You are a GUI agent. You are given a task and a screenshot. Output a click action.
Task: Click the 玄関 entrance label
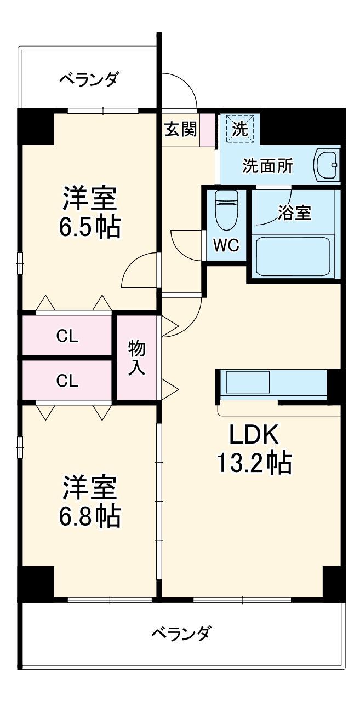pyautogui.click(x=181, y=130)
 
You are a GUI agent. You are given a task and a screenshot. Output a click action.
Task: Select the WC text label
pyautogui.click(x=226, y=246)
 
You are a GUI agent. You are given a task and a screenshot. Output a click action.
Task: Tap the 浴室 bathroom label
pyautogui.click(x=294, y=213)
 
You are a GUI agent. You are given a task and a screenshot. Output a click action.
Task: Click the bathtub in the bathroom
pyautogui.click(x=293, y=256)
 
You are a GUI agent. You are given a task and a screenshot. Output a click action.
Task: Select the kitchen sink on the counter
pyautogui.click(x=248, y=382)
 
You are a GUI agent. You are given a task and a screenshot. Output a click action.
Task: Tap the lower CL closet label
pyautogui.click(x=67, y=381)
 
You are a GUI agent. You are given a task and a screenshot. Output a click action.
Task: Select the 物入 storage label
pyautogui.click(x=137, y=358)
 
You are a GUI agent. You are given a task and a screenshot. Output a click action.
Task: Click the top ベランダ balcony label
pyautogui.click(x=89, y=80)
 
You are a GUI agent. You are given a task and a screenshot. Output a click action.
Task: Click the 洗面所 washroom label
pyautogui.click(x=268, y=166)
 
